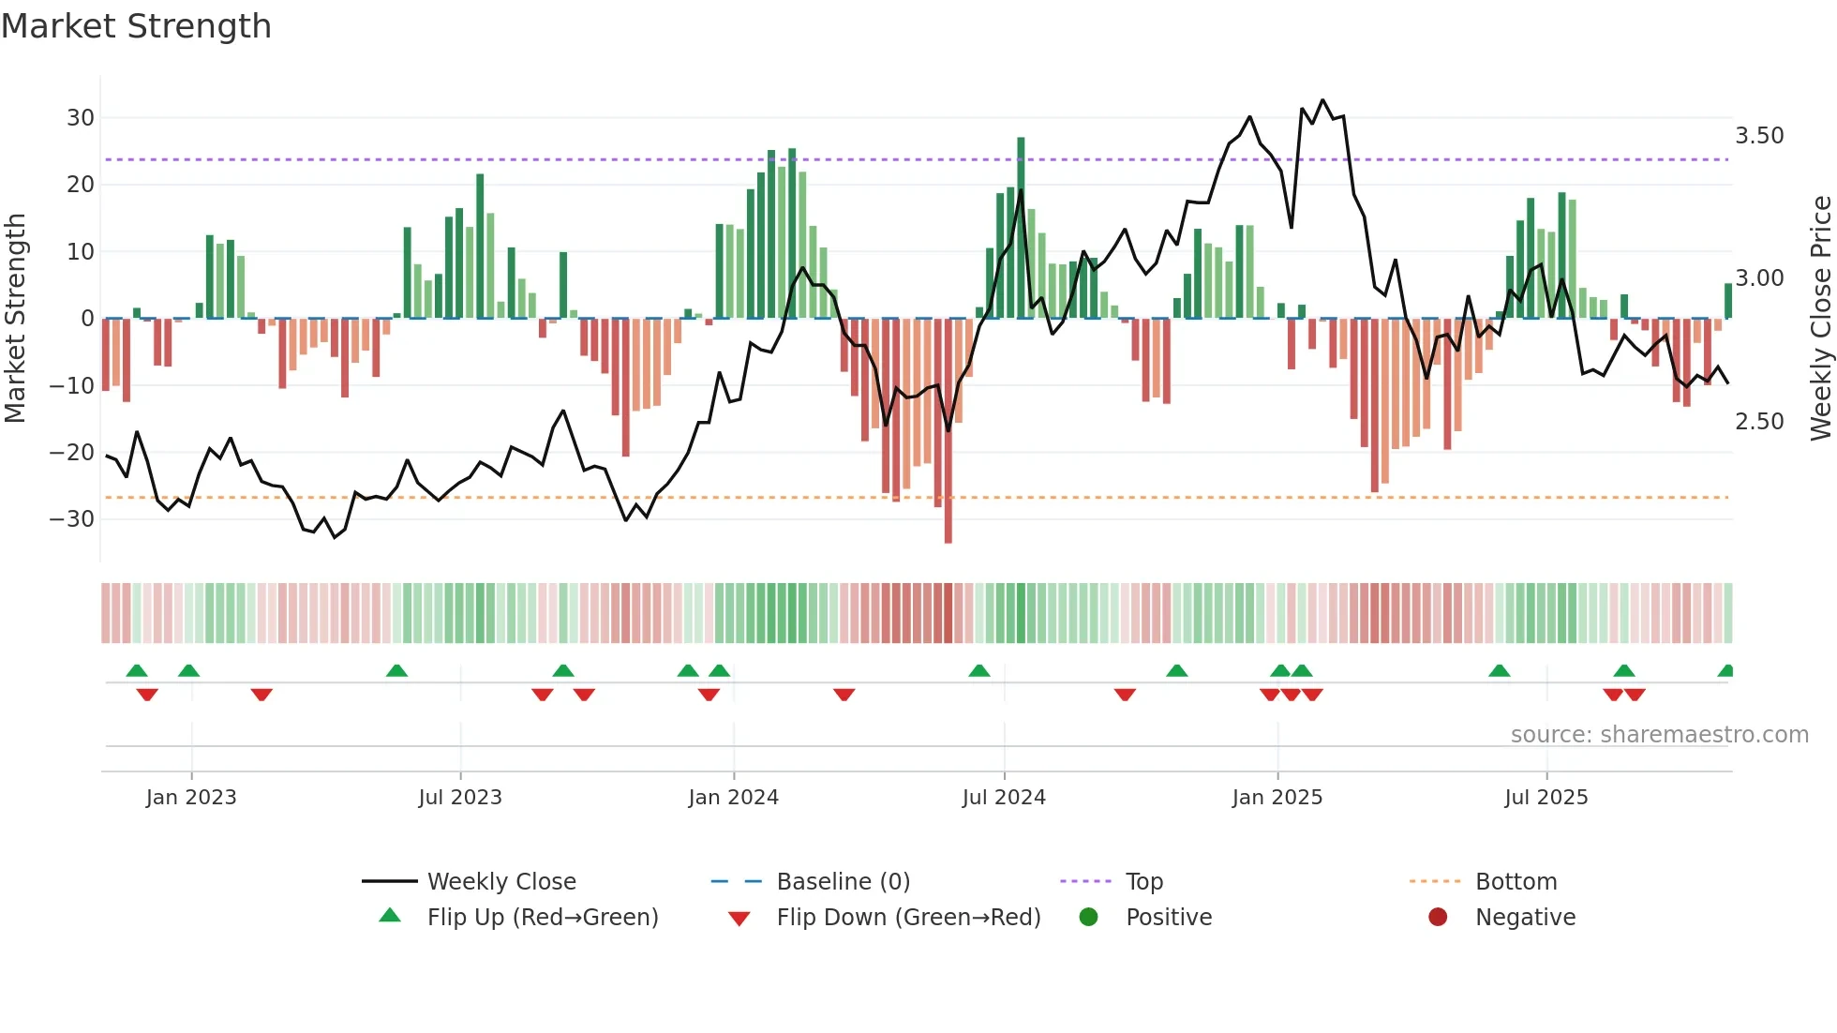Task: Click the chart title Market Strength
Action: tap(136, 26)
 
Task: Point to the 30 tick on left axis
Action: tap(81, 118)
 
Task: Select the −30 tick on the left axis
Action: tap(73, 519)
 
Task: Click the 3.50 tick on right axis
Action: tap(1759, 136)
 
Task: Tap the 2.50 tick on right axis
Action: tap(1759, 422)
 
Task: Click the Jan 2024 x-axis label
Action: tap(733, 798)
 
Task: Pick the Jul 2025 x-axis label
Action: tap(1546, 798)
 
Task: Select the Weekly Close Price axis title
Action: tap(1820, 319)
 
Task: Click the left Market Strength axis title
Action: tap(15, 319)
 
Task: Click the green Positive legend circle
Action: tap(1088, 917)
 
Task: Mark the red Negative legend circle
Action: tap(1438, 917)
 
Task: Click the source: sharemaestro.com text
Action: tap(1659, 735)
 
